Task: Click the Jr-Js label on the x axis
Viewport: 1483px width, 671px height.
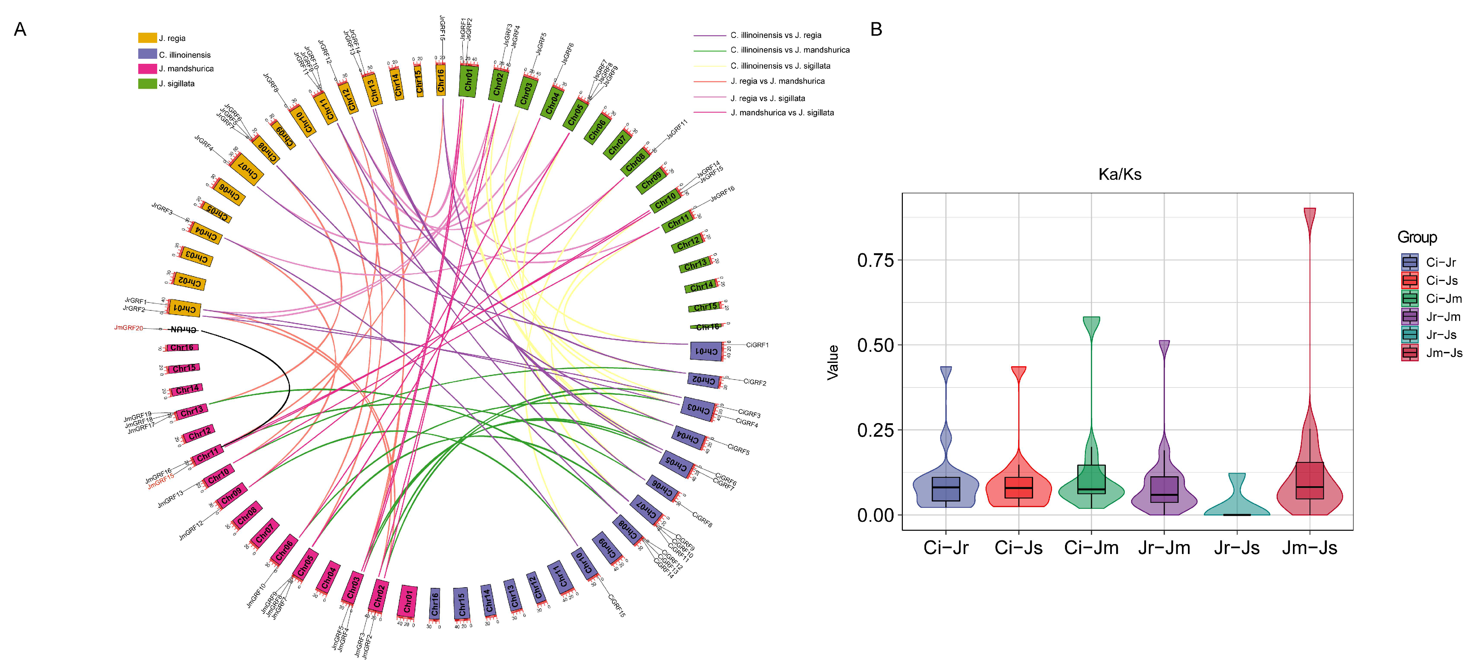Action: [1236, 548]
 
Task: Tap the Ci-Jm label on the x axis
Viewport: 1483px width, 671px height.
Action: [1091, 548]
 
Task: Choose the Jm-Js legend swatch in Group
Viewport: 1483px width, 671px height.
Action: [1410, 353]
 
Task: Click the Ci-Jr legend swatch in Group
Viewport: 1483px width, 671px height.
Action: [1410, 262]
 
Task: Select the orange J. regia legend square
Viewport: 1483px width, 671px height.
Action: [148, 38]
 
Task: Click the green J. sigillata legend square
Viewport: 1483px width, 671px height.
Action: [148, 83]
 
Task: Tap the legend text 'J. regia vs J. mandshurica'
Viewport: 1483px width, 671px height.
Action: [777, 81]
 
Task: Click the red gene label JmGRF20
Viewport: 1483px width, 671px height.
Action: [128, 328]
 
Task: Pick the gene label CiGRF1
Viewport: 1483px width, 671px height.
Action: [757, 345]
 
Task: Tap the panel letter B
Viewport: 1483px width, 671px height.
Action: [876, 29]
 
